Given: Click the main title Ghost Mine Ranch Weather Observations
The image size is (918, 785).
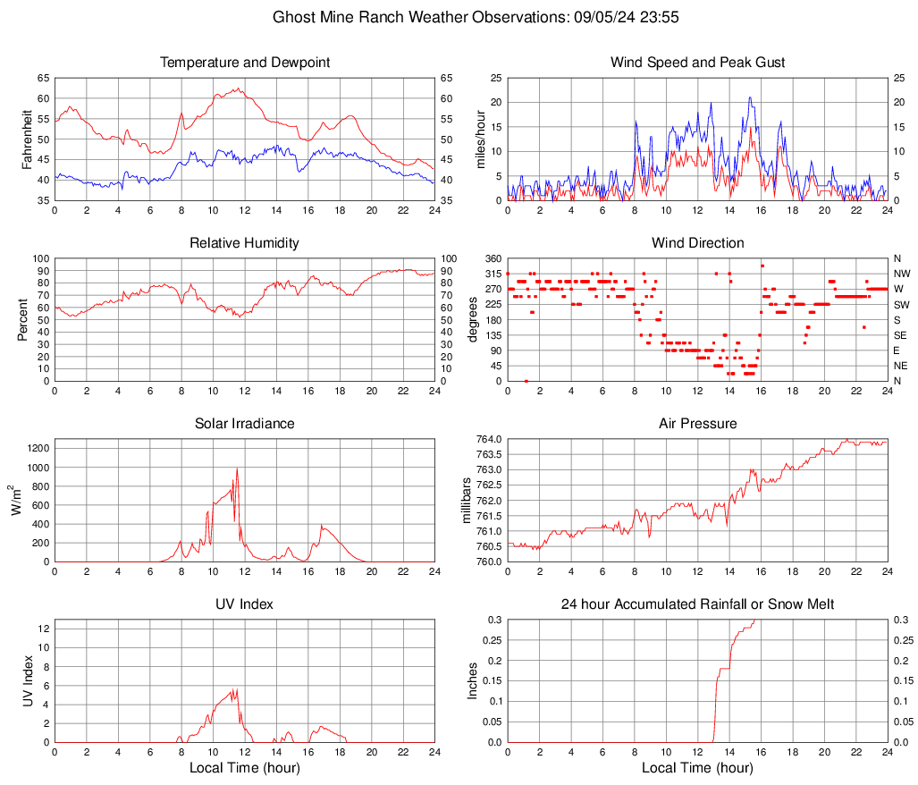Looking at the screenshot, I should [459, 17].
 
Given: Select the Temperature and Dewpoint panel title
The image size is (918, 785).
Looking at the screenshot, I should [245, 63].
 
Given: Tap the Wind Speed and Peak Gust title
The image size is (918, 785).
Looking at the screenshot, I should [697, 63].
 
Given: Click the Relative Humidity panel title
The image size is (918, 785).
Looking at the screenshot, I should [245, 243].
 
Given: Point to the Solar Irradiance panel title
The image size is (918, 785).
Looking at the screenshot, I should [245, 424].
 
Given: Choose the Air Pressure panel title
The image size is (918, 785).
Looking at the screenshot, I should [697, 424].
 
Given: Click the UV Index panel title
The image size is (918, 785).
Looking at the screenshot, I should [245, 604].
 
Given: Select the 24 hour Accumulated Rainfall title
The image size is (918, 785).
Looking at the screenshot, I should [697, 604].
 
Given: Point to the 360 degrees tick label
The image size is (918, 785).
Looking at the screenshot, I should [491, 258].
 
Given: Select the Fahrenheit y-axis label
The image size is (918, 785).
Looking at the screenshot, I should [27, 139].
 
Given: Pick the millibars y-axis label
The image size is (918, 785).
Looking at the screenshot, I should [466, 501].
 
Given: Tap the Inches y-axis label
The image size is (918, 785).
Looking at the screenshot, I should [473, 681].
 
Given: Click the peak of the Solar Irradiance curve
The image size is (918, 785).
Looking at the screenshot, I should [237, 468].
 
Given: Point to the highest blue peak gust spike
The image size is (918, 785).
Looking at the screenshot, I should [750, 97].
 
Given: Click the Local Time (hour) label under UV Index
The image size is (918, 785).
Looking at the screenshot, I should [245, 768].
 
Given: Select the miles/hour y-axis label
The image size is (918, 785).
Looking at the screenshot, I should [480, 139].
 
